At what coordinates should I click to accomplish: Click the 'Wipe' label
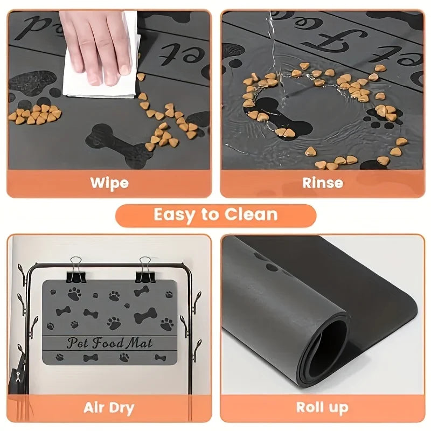[109, 182]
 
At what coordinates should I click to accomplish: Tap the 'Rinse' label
[322, 182]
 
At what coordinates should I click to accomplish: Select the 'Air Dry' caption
[109, 407]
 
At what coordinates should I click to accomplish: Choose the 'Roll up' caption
[322, 407]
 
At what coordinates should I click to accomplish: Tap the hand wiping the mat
[97, 43]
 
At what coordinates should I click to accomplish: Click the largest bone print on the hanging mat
[145, 315]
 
